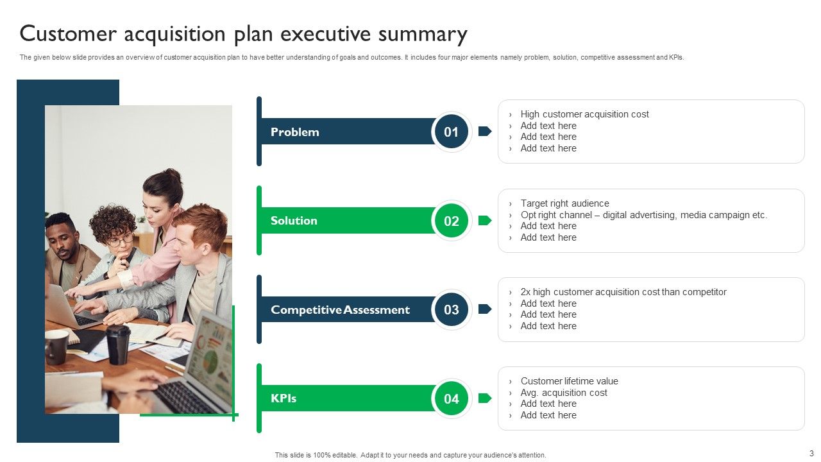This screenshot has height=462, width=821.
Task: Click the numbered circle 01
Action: coord(452,132)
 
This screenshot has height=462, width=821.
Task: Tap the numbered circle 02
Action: coord(452,221)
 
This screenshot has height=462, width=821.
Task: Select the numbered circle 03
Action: coord(452,309)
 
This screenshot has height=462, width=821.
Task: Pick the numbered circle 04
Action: coord(452,398)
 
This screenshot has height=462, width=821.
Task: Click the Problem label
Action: coord(294,132)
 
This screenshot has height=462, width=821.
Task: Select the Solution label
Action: coord(294,221)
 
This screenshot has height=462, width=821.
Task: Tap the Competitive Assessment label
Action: coord(340,310)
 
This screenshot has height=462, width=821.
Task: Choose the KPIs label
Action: coord(284,398)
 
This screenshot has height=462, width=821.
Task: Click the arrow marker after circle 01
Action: coord(485,132)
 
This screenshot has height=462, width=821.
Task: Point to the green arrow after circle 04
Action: coord(485,398)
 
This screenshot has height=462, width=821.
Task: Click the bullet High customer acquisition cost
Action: coord(584,114)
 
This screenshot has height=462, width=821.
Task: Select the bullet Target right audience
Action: coord(564,203)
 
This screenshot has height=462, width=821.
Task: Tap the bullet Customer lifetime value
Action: coord(569,381)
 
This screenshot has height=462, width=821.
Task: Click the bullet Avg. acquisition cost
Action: coord(563,393)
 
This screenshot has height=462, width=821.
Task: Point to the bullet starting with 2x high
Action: coord(623,292)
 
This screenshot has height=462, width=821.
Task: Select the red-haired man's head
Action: coord(200,228)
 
